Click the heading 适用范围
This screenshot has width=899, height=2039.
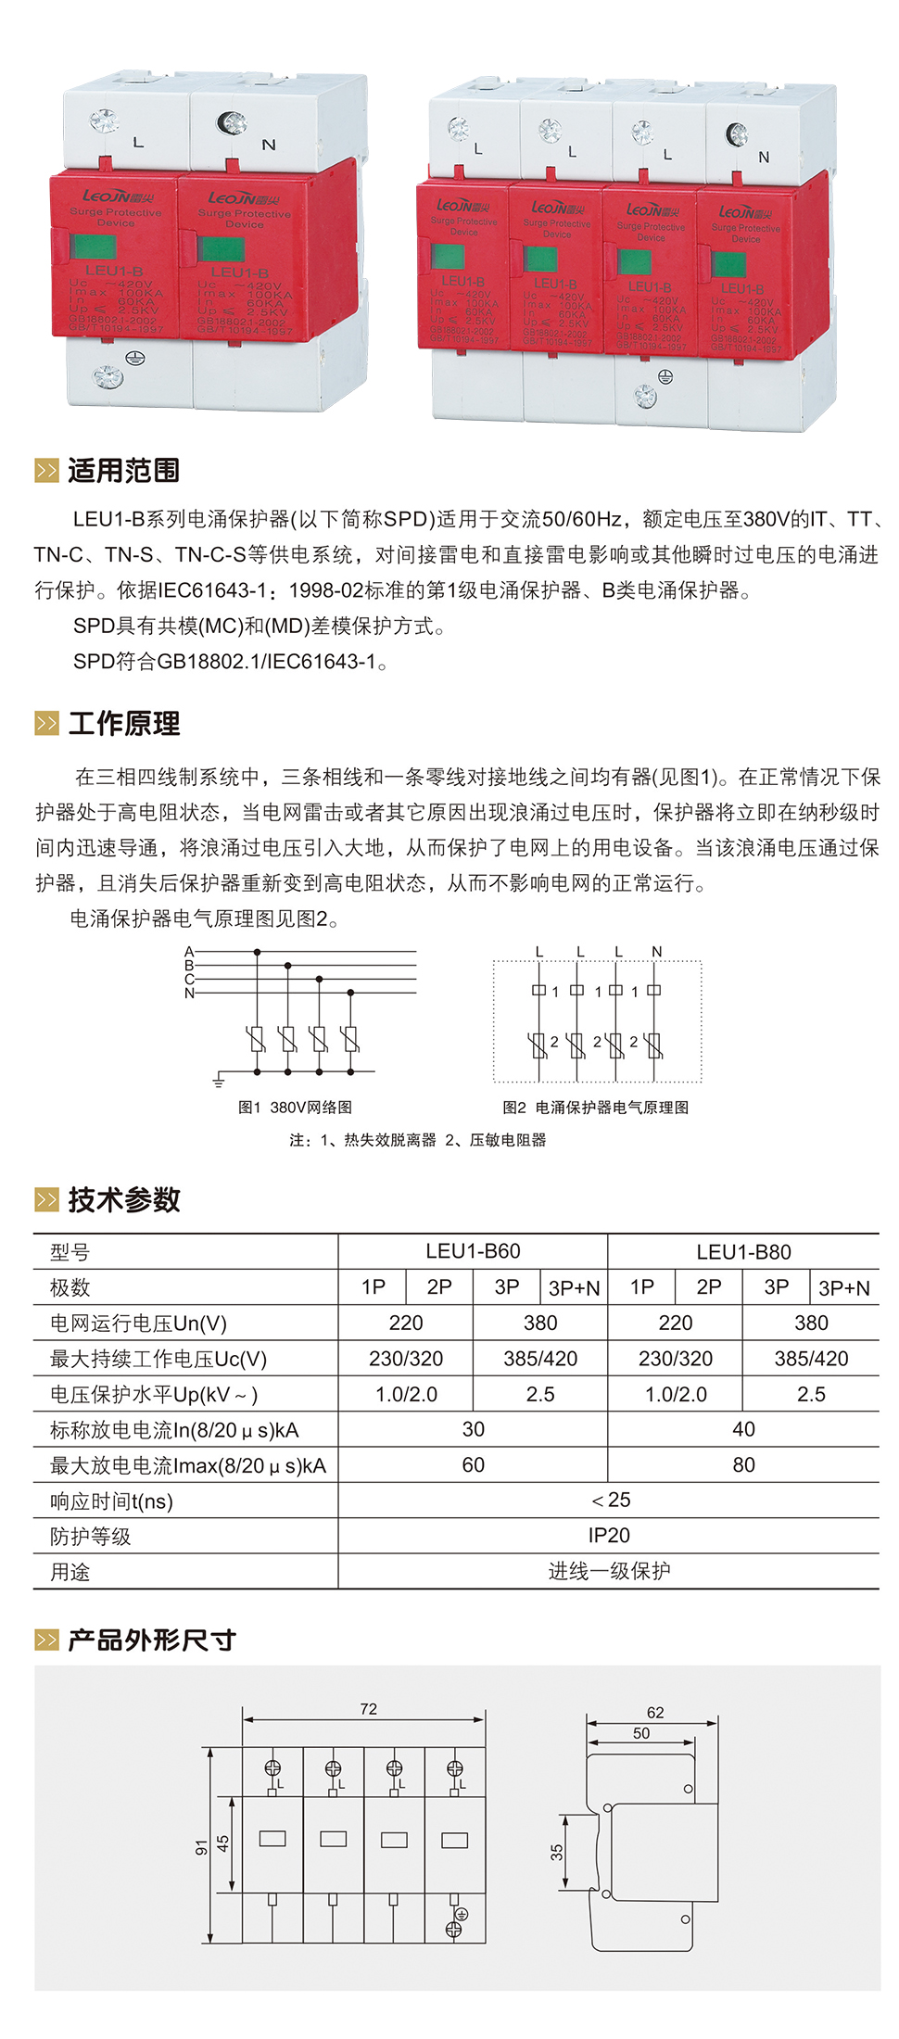(123, 471)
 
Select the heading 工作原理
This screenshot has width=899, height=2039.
(123, 724)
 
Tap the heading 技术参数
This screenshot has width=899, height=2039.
(123, 1200)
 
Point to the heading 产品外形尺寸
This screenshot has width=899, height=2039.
(151, 1640)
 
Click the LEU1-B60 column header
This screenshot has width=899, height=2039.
(473, 1251)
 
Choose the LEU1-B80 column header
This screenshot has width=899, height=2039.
(743, 1252)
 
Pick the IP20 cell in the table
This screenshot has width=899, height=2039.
(609, 1536)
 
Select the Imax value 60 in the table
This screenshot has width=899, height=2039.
(473, 1465)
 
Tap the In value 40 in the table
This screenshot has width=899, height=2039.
(743, 1429)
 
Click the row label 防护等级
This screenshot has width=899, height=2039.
(91, 1537)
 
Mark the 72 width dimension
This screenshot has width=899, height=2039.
(369, 1709)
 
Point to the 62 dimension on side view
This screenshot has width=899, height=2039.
(655, 1713)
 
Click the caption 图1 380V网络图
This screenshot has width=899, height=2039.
(295, 1108)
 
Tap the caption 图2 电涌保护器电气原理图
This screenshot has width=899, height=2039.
(595, 1108)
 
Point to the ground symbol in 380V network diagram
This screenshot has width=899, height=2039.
(219, 1080)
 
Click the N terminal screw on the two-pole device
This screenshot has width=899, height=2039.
(230, 122)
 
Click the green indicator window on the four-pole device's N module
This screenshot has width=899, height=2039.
(728, 264)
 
